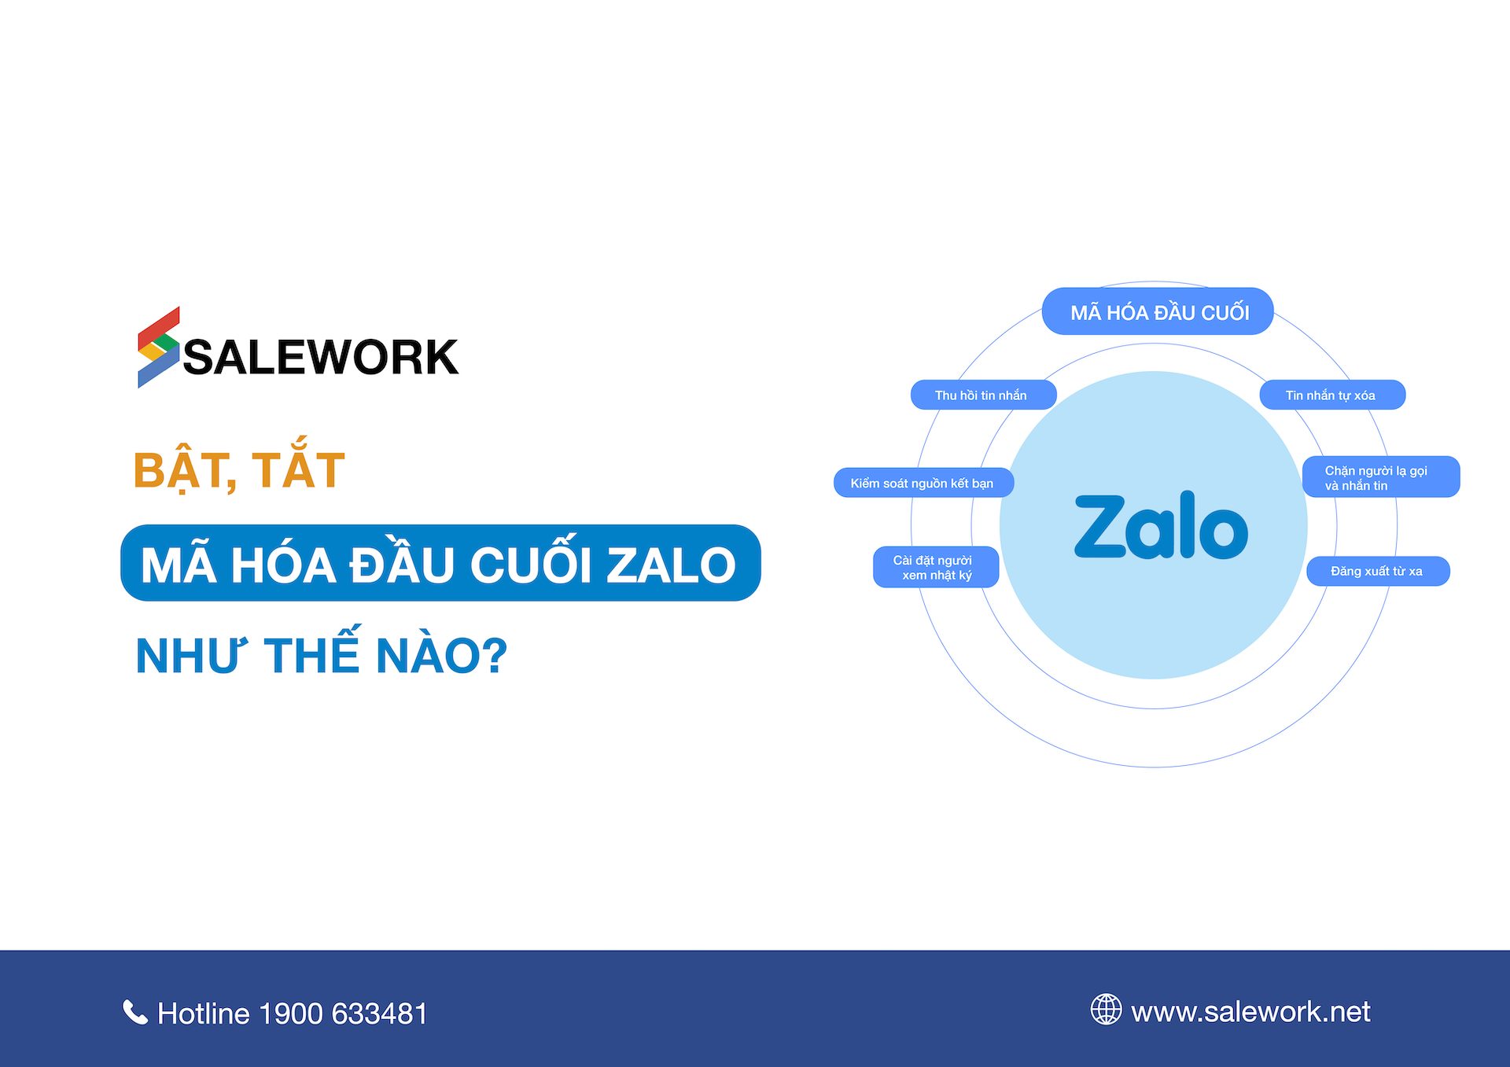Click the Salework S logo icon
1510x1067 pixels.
point(159,348)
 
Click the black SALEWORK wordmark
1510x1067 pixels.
point(321,358)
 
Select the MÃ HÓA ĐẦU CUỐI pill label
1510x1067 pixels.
point(1158,311)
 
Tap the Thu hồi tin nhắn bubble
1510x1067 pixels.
point(983,395)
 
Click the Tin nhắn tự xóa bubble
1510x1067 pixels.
point(1332,395)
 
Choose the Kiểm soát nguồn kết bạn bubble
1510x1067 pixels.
point(923,483)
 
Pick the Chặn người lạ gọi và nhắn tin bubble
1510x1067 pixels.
point(1381,476)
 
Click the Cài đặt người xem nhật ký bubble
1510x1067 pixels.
point(936,567)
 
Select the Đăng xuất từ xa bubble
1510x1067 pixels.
point(1378,571)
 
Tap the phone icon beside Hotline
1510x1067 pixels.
point(135,1012)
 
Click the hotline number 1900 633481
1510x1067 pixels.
point(343,1014)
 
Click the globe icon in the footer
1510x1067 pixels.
point(1106,1010)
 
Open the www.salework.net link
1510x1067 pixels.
point(1250,1012)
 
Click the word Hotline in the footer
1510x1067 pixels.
point(204,1014)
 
